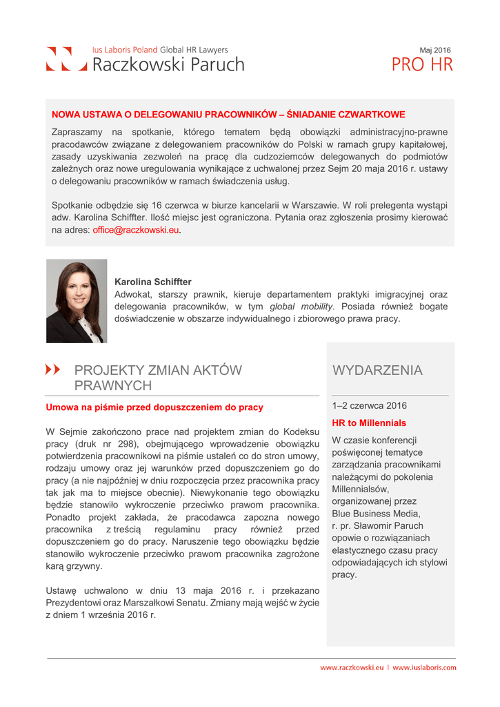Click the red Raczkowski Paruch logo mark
[x=67, y=59]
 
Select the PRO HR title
[x=422, y=66]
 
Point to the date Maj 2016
[x=435, y=50]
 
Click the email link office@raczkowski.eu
[x=136, y=231]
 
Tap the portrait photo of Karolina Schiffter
[x=77, y=301]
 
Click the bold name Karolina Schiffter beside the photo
[x=152, y=282]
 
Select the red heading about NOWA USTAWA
[x=228, y=114]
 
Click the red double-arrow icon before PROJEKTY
[x=52, y=370]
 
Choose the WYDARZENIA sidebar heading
[x=377, y=371]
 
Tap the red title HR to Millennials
[x=369, y=423]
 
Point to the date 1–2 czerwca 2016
[x=369, y=406]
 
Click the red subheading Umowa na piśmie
[x=154, y=407]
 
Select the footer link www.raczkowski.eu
[x=351, y=668]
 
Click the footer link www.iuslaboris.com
[x=424, y=668]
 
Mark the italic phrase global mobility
[x=301, y=307]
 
